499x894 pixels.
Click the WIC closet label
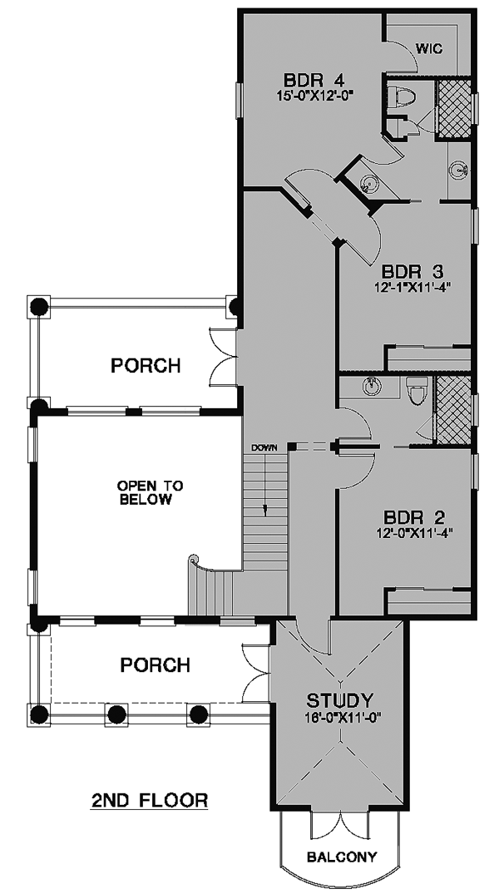[x=429, y=49]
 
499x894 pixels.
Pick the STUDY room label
[x=340, y=699]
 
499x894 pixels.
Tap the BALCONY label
[x=342, y=857]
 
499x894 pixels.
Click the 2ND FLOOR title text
[x=150, y=801]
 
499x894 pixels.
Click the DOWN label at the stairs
[x=264, y=447]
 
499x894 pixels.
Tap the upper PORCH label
[x=146, y=365]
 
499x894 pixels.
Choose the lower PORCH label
[x=156, y=664]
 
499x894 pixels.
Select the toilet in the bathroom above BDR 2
[x=415, y=391]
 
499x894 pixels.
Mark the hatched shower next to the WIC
[x=454, y=109]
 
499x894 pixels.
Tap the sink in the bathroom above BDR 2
[x=372, y=386]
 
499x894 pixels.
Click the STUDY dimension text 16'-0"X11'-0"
[x=341, y=715]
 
